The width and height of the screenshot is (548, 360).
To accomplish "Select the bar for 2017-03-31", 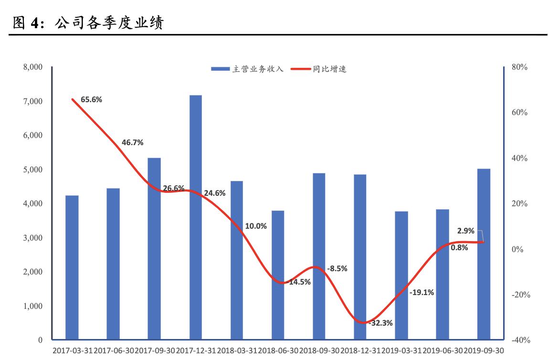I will coord(72,267).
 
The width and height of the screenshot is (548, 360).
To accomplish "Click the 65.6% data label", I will coord(91,99).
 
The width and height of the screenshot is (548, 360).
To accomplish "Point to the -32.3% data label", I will coord(380,323).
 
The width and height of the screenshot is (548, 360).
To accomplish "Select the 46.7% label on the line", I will coord(133,142).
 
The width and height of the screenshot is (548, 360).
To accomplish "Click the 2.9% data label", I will coord(465,231).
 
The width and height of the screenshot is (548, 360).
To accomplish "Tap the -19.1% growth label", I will coord(422,292).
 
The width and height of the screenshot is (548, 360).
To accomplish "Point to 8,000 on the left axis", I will coord(33,67).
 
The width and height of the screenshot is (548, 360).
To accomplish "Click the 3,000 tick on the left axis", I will coord(33,238).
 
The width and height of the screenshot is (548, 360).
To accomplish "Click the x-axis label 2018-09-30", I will coord(319,351).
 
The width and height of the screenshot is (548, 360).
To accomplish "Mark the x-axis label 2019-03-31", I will coord(401,351).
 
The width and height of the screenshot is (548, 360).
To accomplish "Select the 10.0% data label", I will coord(255,226).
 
